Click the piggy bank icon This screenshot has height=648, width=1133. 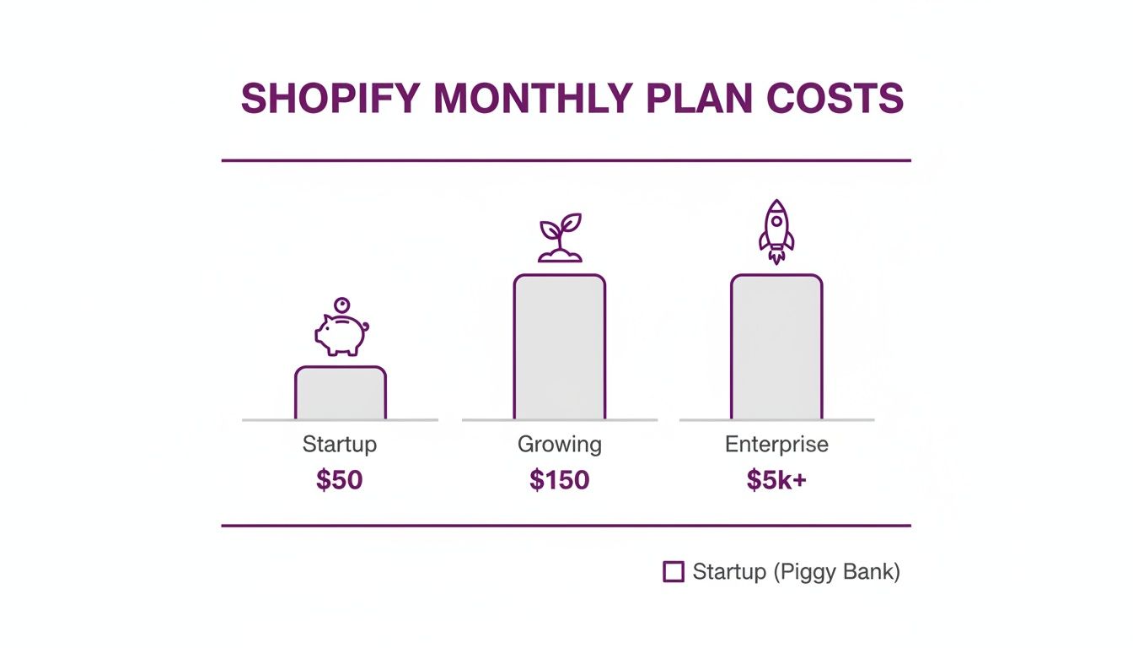click(x=341, y=334)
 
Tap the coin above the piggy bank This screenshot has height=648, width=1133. click(x=341, y=305)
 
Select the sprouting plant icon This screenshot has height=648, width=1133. click(x=560, y=239)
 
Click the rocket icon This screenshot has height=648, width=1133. click(x=776, y=231)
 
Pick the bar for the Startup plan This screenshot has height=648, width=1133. click(x=341, y=393)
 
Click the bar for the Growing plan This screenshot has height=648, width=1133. click(x=560, y=347)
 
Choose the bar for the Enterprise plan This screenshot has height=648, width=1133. click(x=776, y=347)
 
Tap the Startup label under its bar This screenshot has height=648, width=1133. click(x=340, y=445)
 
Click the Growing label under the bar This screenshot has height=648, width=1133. click(x=560, y=445)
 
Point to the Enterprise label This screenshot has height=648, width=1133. click(x=776, y=445)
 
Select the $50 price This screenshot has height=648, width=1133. click(x=340, y=480)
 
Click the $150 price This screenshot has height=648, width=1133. click(x=560, y=480)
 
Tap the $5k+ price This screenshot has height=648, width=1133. click(x=776, y=480)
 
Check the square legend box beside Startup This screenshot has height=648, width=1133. click(x=674, y=572)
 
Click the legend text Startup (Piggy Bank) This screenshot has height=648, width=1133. click(x=796, y=572)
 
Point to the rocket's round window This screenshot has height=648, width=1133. click(x=776, y=223)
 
